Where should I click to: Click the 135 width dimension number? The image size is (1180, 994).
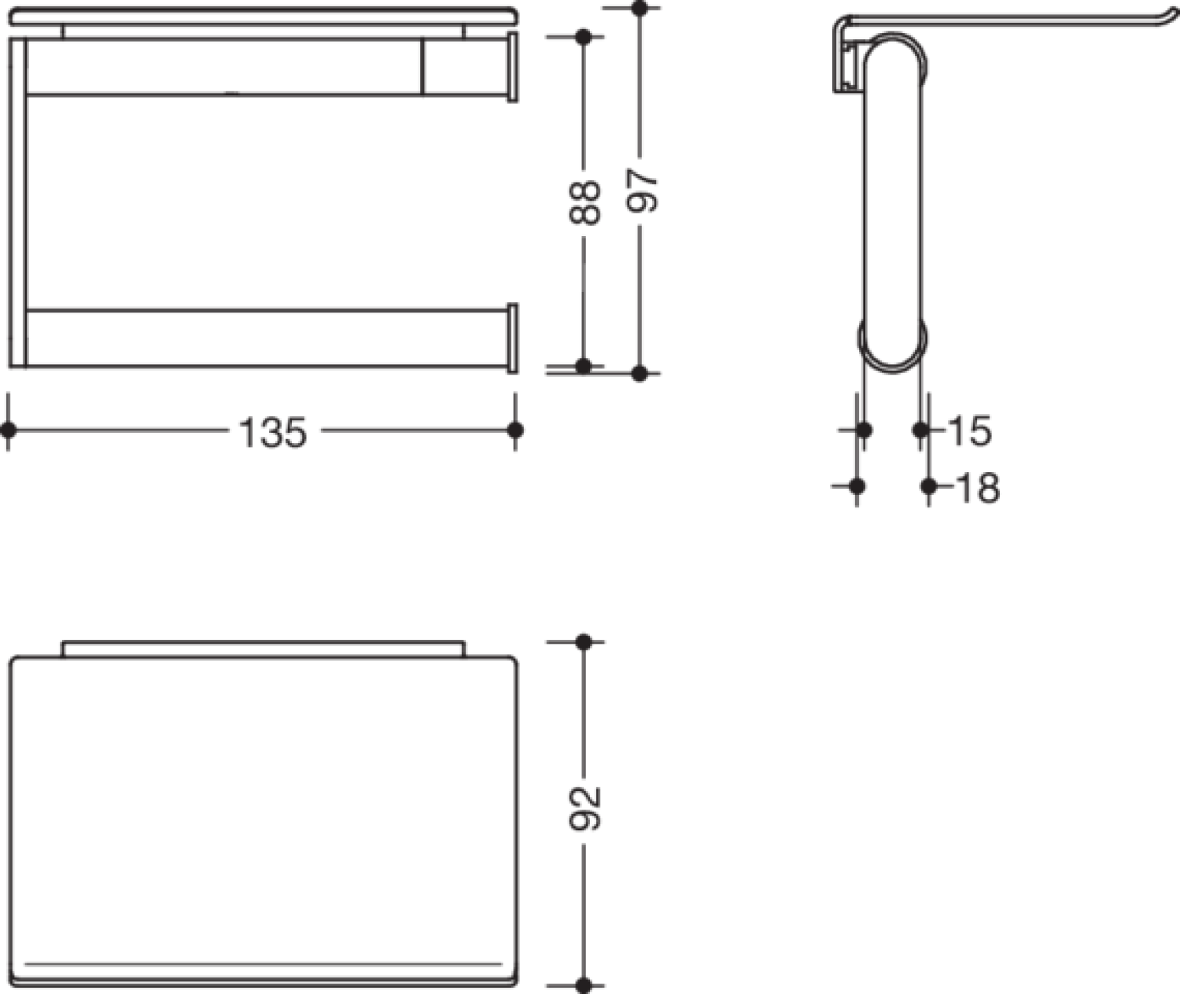pos(273,432)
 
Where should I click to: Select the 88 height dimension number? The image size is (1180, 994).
pos(584,202)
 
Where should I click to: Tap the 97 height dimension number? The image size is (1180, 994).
pos(642,191)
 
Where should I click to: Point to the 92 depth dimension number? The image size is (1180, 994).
pos(584,809)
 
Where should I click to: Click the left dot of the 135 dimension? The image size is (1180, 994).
pos(8,430)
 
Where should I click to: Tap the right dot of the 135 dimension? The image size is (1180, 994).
pos(514,430)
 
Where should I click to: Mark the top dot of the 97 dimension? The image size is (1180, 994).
pos(639,9)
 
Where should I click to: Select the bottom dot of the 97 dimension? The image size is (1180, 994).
pos(639,374)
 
